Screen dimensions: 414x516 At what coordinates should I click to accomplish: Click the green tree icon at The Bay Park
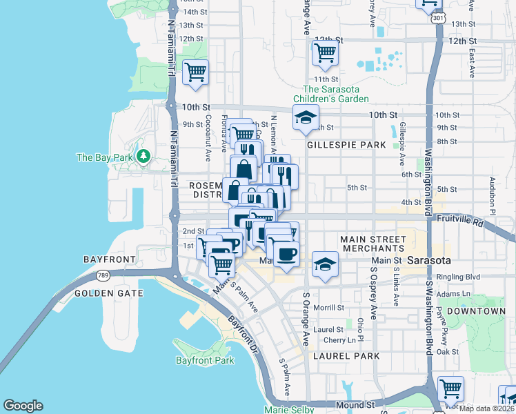click(x=143, y=157)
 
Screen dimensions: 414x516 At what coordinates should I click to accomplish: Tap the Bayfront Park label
click(x=204, y=360)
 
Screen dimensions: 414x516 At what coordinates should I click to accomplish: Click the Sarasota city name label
click(x=428, y=261)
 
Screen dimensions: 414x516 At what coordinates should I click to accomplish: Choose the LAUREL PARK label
click(x=346, y=356)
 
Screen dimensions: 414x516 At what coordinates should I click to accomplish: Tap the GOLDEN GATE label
click(x=109, y=293)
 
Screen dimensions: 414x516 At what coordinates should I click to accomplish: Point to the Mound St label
click(x=355, y=405)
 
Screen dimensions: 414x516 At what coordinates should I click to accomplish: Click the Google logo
click(x=23, y=406)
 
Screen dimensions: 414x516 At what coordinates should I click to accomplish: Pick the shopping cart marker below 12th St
click(x=324, y=52)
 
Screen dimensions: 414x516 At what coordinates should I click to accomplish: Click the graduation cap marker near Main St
click(x=325, y=264)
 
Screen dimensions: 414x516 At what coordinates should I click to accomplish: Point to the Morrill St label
click(x=330, y=307)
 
